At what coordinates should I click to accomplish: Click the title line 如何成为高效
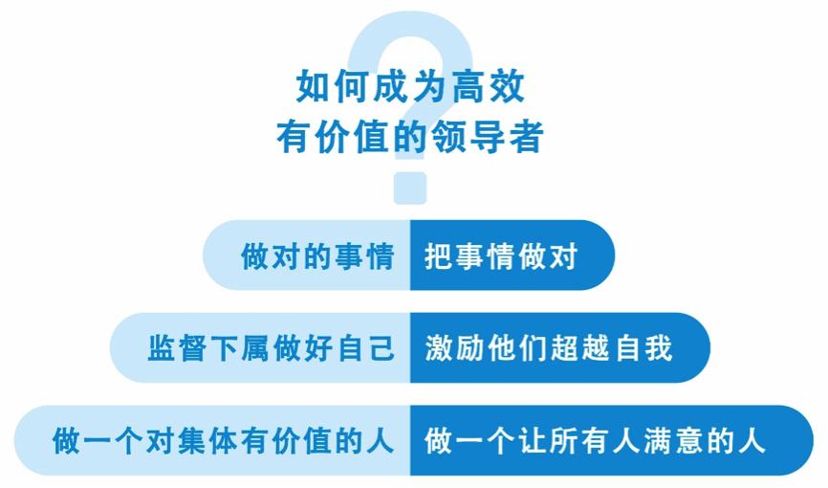click(x=410, y=87)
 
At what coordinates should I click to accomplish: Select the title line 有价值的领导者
click(x=410, y=136)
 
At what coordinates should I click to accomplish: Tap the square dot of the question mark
click(x=410, y=188)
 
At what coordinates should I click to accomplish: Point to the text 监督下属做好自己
click(x=271, y=347)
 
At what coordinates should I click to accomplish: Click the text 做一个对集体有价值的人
click(x=223, y=441)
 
